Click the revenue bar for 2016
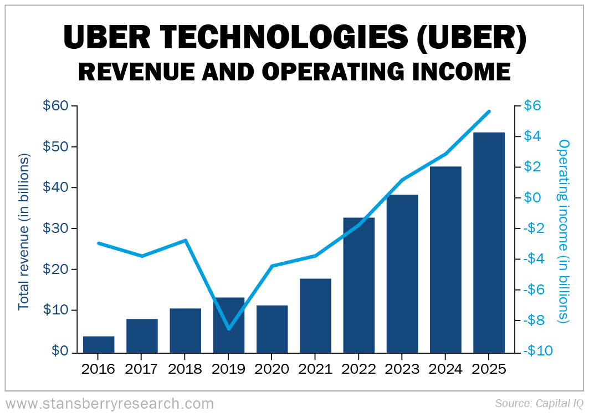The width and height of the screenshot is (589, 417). point(99,344)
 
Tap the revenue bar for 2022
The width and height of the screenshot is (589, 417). point(358,285)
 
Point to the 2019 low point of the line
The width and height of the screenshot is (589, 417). point(229,329)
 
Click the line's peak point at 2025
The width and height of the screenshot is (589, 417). point(489,111)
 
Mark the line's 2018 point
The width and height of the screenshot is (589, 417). point(186,240)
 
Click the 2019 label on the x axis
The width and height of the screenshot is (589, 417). point(229,369)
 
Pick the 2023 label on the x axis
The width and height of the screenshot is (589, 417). point(402,369)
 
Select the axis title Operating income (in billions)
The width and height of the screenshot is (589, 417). point(564,231)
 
